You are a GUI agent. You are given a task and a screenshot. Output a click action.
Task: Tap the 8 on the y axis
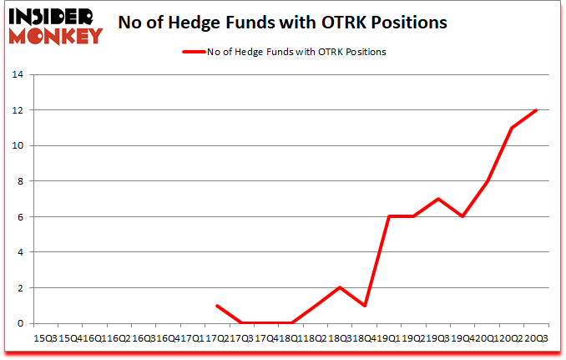pyautogui.click(x=19, y=181)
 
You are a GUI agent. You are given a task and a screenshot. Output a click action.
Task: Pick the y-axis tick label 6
pyautogui.click(x=19, y=217)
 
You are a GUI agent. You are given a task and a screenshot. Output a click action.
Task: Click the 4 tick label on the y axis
pyautogui.click(x=19, y=252)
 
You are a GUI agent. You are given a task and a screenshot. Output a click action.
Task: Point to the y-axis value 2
pyautogui.click(x=19, y=288)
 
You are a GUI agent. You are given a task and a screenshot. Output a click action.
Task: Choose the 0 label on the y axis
pyautogui.click(x=19, y=323)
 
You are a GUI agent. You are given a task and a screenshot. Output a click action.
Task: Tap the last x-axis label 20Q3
pyautogui.click(x=536, y=338)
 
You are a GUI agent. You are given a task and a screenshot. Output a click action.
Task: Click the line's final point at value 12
pyautogui.click(x=536, y=110)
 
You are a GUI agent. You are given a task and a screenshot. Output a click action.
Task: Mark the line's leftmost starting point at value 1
pyautogui.click(x=216, y=306)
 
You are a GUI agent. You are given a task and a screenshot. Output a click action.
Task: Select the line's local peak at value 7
pyautogui.click(x=437, y=199)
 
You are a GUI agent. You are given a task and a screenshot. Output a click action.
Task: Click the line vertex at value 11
pyautogui.click(x=511, y=128)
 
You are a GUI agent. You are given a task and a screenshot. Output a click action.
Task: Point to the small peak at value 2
pyautogui.click(x=340, y=287)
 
